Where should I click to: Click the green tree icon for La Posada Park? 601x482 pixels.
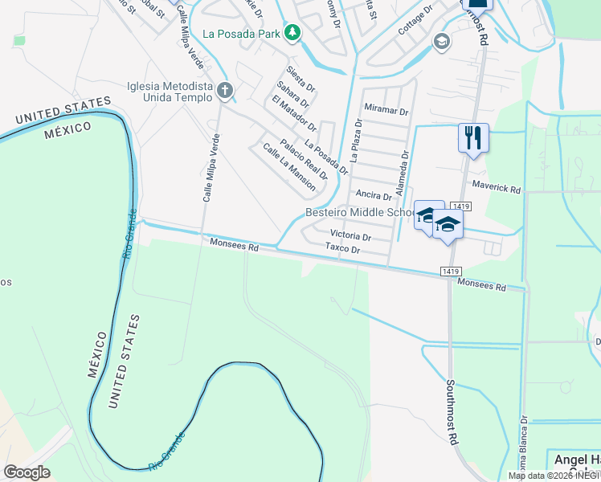pyautogui.click(x=294, y=33)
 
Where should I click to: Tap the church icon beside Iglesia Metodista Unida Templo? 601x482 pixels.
pyautogui.click(x=224, y=92)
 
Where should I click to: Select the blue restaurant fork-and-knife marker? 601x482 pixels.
pyautogui.click(x=473, y=137)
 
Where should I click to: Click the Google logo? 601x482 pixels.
pyautogui.click(x=27, y=472)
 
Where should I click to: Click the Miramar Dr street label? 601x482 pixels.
pyautogui.click(x=386, y=111)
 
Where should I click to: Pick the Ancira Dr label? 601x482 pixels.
pyautogui.click(x=373, y=195)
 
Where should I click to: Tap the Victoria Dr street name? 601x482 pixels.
pyautogui.click(x=350, y=237)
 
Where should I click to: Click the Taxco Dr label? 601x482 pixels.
pyautogui.click(x=342, y=249)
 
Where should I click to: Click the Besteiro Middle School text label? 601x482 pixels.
pyautogui.click(x=358, y=213)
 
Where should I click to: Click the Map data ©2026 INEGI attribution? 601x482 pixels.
pyautogui.click(x=554, y=476)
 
